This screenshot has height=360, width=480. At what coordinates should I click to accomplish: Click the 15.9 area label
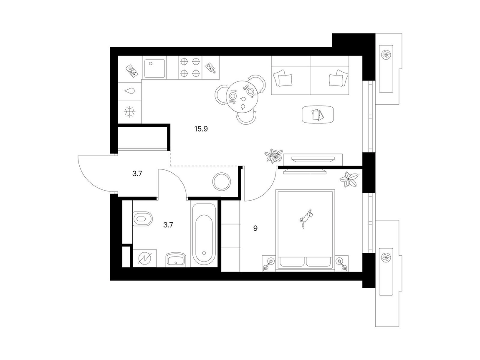pyautogui.click(x=201, y=129)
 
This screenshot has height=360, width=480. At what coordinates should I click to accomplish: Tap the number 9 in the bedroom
pyautogui.click(x=255, y=228)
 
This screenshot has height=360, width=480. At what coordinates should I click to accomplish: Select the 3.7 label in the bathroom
pyautogui.click(x=168, y=225)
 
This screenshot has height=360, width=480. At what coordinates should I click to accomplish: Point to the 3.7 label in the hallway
pyautogui.click(x=137, y=174)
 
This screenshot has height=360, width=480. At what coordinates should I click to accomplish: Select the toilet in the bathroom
pyautogui.click(x=142, y=219)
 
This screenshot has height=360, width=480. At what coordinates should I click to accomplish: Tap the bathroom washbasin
pyautogui.click(x=176, y=259)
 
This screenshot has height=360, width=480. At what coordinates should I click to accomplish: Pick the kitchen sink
pyautogui.click(x=154, y=68)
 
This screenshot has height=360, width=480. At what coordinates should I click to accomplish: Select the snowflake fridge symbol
pyautogui.click(x=130, y=112)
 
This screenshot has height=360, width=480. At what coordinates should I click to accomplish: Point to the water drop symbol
pyautogui.click(x=130, y=91)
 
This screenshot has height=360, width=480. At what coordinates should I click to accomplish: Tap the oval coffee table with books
pyautogui.click(x=318, y=114)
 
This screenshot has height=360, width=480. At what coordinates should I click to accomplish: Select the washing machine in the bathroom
pyautogui.click(x=144, y=259)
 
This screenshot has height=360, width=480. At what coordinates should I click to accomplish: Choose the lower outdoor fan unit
pyautogui.click(x=386, y=257)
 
